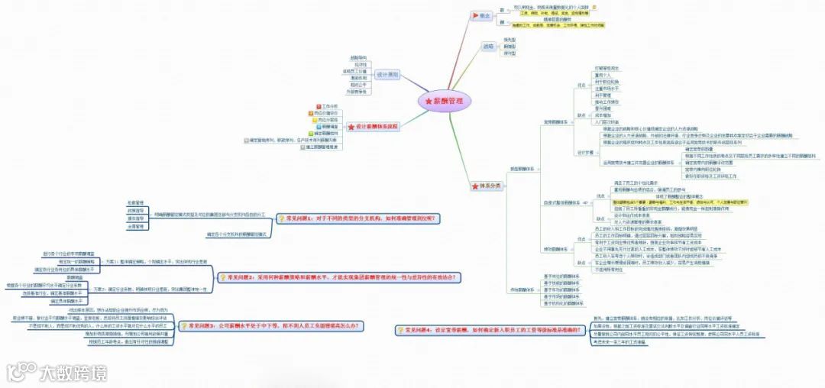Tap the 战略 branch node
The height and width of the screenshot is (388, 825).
(487, 47)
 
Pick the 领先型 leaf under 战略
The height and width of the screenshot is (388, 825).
(510, 40)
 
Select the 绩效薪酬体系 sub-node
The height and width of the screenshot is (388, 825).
(555, 249)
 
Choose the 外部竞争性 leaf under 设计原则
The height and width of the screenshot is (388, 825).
(357, 92)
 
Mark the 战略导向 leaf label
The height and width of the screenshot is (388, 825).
(358, 58)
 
